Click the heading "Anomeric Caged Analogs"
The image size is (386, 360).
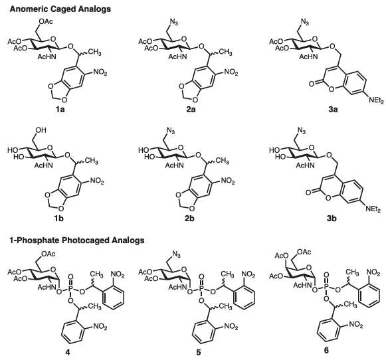click(60, 9)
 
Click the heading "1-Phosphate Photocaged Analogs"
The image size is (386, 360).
click(77, 240)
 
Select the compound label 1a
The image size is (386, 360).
click(60, 109)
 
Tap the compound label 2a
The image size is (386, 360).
click(191, 109)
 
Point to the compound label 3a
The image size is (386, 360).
click(333, 109)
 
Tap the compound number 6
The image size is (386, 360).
click(326, 350)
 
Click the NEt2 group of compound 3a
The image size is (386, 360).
click(376, 100)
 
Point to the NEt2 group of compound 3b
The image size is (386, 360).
click(373, 209)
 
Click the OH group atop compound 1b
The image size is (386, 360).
click(41, 130)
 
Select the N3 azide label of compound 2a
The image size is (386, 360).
click(174, 23)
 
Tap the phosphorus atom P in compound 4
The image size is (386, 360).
click(70, 287)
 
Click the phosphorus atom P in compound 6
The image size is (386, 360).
click(326, 285)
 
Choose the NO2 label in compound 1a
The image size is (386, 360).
click(100, 72)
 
